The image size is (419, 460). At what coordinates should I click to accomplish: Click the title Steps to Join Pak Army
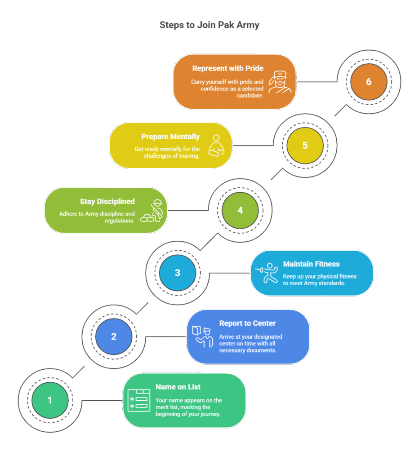(x=209, y=25)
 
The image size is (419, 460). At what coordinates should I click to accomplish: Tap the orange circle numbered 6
(x=369, y=82)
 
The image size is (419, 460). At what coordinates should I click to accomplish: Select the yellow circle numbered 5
(x=305, y=146)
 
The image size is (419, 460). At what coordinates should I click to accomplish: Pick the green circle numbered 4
(x=240, y=210)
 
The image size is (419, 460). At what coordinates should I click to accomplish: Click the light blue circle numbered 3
(x=177, y=273)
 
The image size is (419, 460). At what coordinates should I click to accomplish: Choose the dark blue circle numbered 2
(x=114, y=336)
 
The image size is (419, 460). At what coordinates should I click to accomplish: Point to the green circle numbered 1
(x=50, y=400)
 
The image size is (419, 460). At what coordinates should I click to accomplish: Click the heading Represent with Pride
(x=227, y=68)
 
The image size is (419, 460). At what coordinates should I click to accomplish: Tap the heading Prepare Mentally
(x=170, y=137)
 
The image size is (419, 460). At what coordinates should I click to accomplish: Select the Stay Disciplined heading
(x=107, y=202)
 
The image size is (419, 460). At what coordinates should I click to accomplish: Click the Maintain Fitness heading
(x=311, y=264)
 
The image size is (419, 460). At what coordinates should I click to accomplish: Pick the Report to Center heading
(x=248, y=323)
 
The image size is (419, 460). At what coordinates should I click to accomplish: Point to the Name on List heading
(x=178, y=387)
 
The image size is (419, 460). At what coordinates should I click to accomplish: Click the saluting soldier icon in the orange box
(x=280, y=82)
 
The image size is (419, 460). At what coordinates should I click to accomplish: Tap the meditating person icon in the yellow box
(x=216, y=146)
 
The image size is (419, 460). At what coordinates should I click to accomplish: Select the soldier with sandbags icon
(x=152, y=211)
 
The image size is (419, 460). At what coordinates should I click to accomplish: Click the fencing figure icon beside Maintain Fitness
(x=267, y=273)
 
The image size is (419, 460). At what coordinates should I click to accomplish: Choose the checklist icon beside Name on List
(x=139, y=400)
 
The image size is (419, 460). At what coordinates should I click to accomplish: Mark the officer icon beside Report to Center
(x=203, y=336)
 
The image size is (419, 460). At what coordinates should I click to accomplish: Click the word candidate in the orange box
(x=250, y=96)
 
